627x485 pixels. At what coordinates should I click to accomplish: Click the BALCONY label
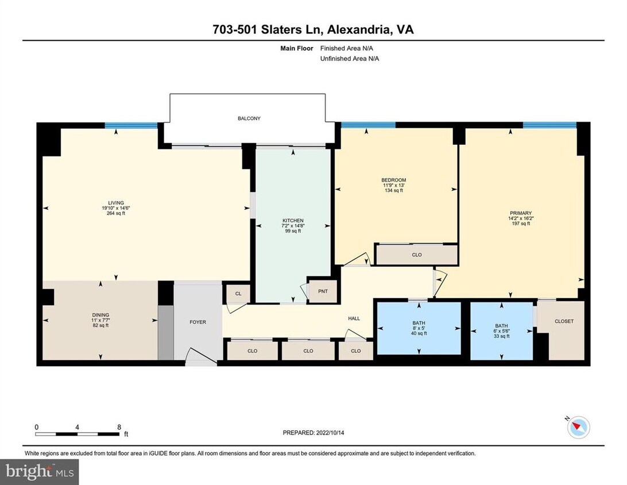click(249, 118)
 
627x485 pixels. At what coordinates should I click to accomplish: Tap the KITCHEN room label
click(293, 221)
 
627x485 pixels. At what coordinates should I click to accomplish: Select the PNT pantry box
click(323, 291)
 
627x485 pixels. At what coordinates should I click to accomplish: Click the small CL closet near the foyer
click(238, 293)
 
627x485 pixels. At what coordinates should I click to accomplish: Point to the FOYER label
click(198, 322)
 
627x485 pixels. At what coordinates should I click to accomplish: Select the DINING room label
click(100, 315)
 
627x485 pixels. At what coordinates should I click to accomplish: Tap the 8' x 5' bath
click(418, 328)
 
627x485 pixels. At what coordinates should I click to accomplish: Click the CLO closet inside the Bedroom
click(417, 255)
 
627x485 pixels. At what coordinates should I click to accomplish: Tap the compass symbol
click(579, 428)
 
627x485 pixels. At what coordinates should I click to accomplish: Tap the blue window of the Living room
click(131, 125)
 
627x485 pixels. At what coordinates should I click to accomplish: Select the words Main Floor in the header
click(296, 49)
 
